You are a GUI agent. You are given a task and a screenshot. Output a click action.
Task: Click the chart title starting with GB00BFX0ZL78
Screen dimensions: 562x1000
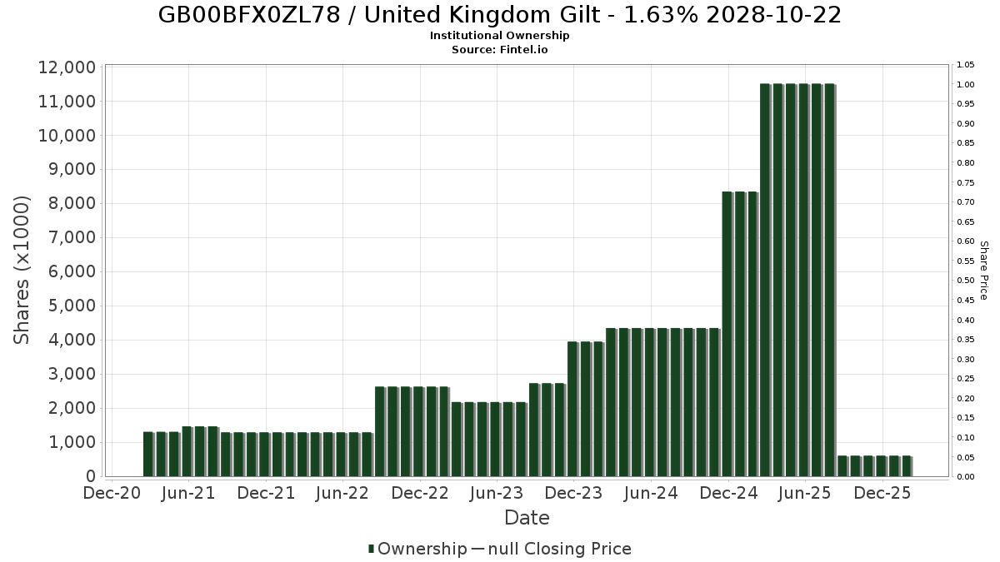pyautogui.click(x=499, y=15)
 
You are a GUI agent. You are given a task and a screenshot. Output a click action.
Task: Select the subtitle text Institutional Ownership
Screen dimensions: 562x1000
pyautogui.click(x=499, y=36)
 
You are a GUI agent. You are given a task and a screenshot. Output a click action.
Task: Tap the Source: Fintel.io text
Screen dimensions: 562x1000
pyautogui.click(x=499, y=49)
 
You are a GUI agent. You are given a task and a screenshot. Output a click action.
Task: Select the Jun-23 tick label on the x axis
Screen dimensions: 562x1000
pyautogui.click(x=497, y=493)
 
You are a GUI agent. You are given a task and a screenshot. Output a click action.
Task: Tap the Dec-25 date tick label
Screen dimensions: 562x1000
pyautogui.click(x=882, y=493)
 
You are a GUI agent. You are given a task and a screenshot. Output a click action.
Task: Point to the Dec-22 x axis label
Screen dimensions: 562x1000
pyautogui.click(x=420, y=493)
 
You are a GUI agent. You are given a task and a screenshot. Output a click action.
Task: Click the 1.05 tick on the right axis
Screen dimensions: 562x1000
pyautogui.click(x=965, y=65)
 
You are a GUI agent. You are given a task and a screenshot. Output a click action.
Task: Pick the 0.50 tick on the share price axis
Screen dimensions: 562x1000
pyautogui.click(x=965, y=281)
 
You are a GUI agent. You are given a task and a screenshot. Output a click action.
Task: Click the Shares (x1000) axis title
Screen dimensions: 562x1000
pyautogui.click(x=22, y=271)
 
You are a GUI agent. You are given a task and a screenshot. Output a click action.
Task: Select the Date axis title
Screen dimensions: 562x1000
pyautogui.click(x=527, y=518)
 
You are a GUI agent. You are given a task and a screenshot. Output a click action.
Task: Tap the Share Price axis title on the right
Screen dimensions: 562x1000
pyautogui.click(x=983, y=271)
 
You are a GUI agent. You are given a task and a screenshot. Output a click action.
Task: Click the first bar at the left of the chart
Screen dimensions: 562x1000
pyautogui.click(x=148, y=454)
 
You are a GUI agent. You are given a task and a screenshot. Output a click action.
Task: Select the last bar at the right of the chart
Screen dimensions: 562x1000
pyautogui.click(x=907, y=466)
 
